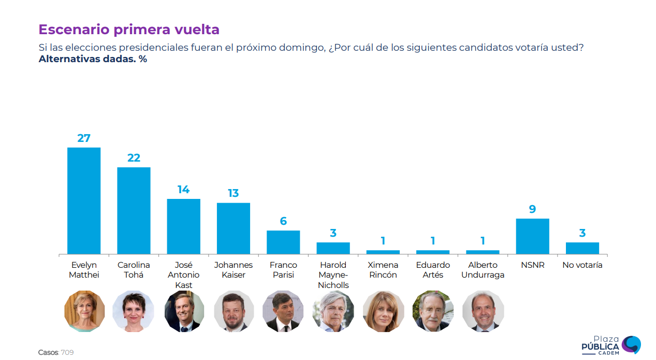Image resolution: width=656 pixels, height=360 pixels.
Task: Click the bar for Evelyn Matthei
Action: [84, 200]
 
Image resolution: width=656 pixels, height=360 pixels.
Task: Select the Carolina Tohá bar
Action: [134, 210]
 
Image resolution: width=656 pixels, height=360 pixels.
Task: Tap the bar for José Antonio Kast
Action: [183, 226]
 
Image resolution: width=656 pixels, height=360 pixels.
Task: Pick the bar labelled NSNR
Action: [532, 236]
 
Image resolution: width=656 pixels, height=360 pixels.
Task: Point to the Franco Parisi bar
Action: [283, 242]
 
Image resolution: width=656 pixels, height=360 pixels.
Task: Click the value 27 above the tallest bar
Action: [84, 138]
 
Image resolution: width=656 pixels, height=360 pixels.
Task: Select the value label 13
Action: [234, 193]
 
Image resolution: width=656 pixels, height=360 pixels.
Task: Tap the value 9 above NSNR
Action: [532, 209]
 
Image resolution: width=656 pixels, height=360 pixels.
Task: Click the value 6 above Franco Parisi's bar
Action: [283, 221]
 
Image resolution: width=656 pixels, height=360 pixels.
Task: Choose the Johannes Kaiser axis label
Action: [234, 270]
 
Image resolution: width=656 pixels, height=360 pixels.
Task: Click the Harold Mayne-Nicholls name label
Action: [333, 275]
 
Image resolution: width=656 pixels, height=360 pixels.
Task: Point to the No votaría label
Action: [582, 265]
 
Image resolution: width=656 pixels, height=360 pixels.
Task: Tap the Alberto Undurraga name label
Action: [483, 270]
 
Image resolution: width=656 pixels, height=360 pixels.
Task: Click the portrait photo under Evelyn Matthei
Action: [84, 311]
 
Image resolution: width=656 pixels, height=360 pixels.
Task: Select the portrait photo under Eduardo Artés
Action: [433, 311]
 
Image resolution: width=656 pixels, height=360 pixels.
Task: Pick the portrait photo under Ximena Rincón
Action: [383, 311]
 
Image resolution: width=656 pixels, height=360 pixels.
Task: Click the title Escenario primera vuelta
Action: [129, 30]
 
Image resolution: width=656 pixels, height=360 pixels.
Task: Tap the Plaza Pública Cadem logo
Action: [611, 345]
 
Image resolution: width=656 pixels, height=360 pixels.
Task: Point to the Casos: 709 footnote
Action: [56, 352]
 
